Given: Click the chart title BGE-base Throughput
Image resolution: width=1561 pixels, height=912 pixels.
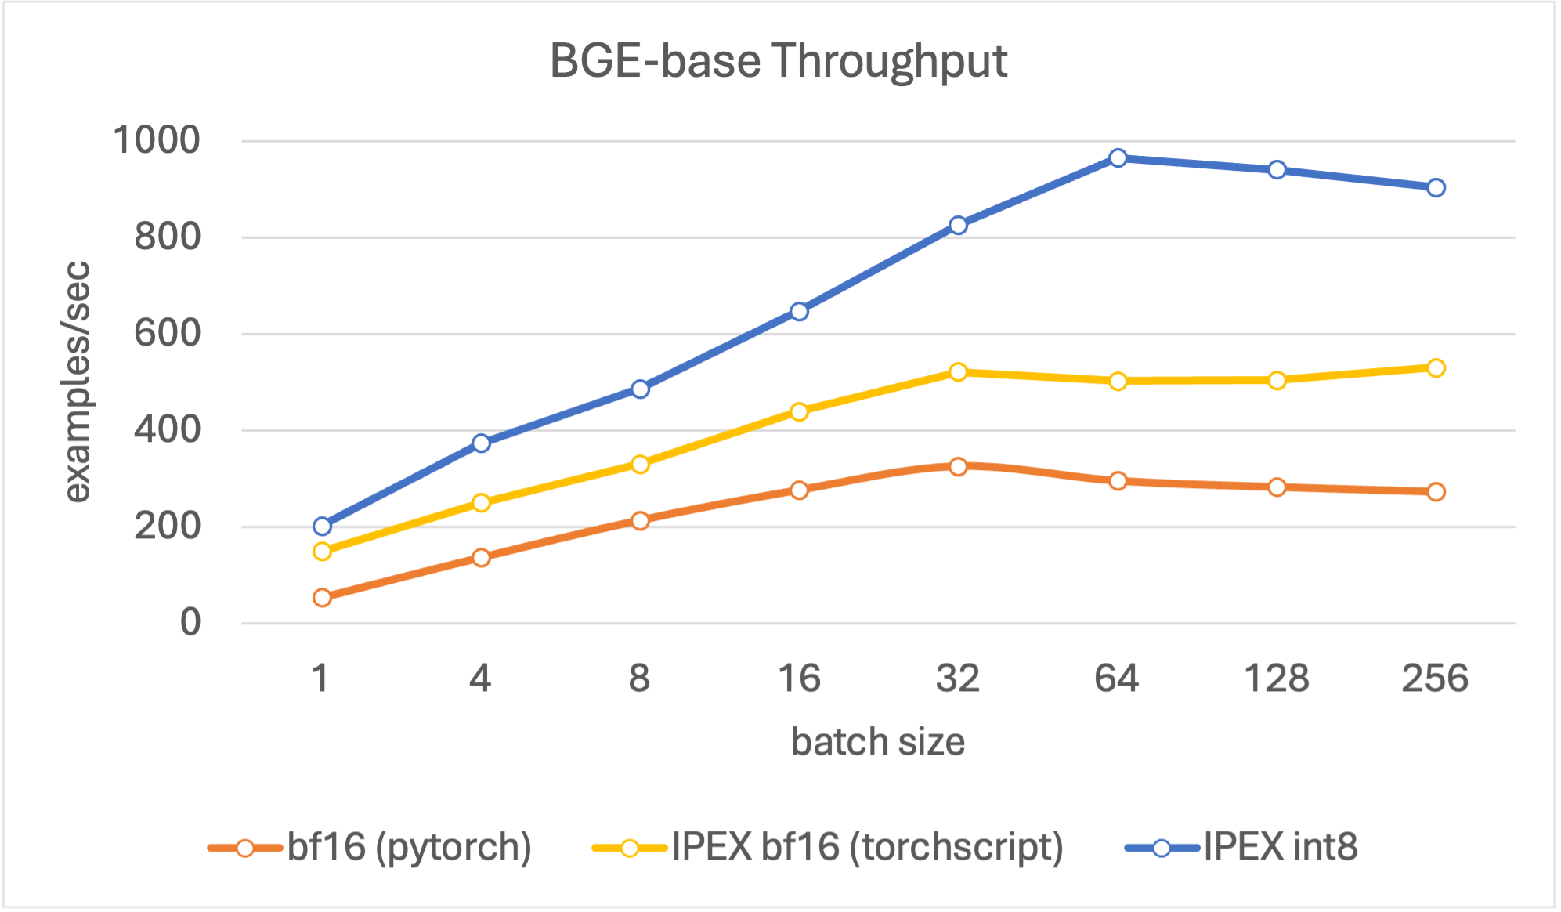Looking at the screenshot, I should coord(778,61).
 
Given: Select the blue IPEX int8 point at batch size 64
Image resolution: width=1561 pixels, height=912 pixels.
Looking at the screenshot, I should coord(1118,158).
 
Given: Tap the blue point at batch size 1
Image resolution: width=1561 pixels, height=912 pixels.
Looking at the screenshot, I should coord(322,526).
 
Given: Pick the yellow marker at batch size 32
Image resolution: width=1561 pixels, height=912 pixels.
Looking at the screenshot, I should coord(958,372).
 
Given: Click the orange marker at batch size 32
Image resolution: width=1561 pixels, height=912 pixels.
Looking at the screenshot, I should coord(958,466).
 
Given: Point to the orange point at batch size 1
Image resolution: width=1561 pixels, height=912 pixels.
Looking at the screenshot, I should coord(322,598).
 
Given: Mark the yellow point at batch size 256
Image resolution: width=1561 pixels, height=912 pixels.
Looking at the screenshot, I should coord(1436,368).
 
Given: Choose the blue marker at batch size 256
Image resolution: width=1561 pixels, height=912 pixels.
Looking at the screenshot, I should coord(1436,188).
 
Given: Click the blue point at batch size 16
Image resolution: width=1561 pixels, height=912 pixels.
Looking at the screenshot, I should coord(799,312).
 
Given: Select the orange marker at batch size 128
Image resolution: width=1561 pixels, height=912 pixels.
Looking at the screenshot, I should coord(1277,487).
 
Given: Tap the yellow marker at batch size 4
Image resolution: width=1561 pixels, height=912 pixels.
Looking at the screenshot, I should coord(481,502).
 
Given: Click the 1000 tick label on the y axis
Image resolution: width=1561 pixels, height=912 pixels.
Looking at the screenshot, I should coord(157,141).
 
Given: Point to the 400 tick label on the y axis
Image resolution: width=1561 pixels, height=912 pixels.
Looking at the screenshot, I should coord(167,430).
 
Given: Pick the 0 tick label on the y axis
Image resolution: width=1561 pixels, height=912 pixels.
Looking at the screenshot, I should coord(190,623).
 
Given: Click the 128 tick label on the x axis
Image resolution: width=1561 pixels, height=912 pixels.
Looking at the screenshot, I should coord(1277,678).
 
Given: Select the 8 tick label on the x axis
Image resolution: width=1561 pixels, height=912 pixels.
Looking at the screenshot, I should coord(639,678).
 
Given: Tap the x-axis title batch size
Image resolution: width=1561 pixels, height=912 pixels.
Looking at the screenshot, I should coord(877,742).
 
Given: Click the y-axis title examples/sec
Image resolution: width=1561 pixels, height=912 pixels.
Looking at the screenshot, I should coord(77,382).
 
